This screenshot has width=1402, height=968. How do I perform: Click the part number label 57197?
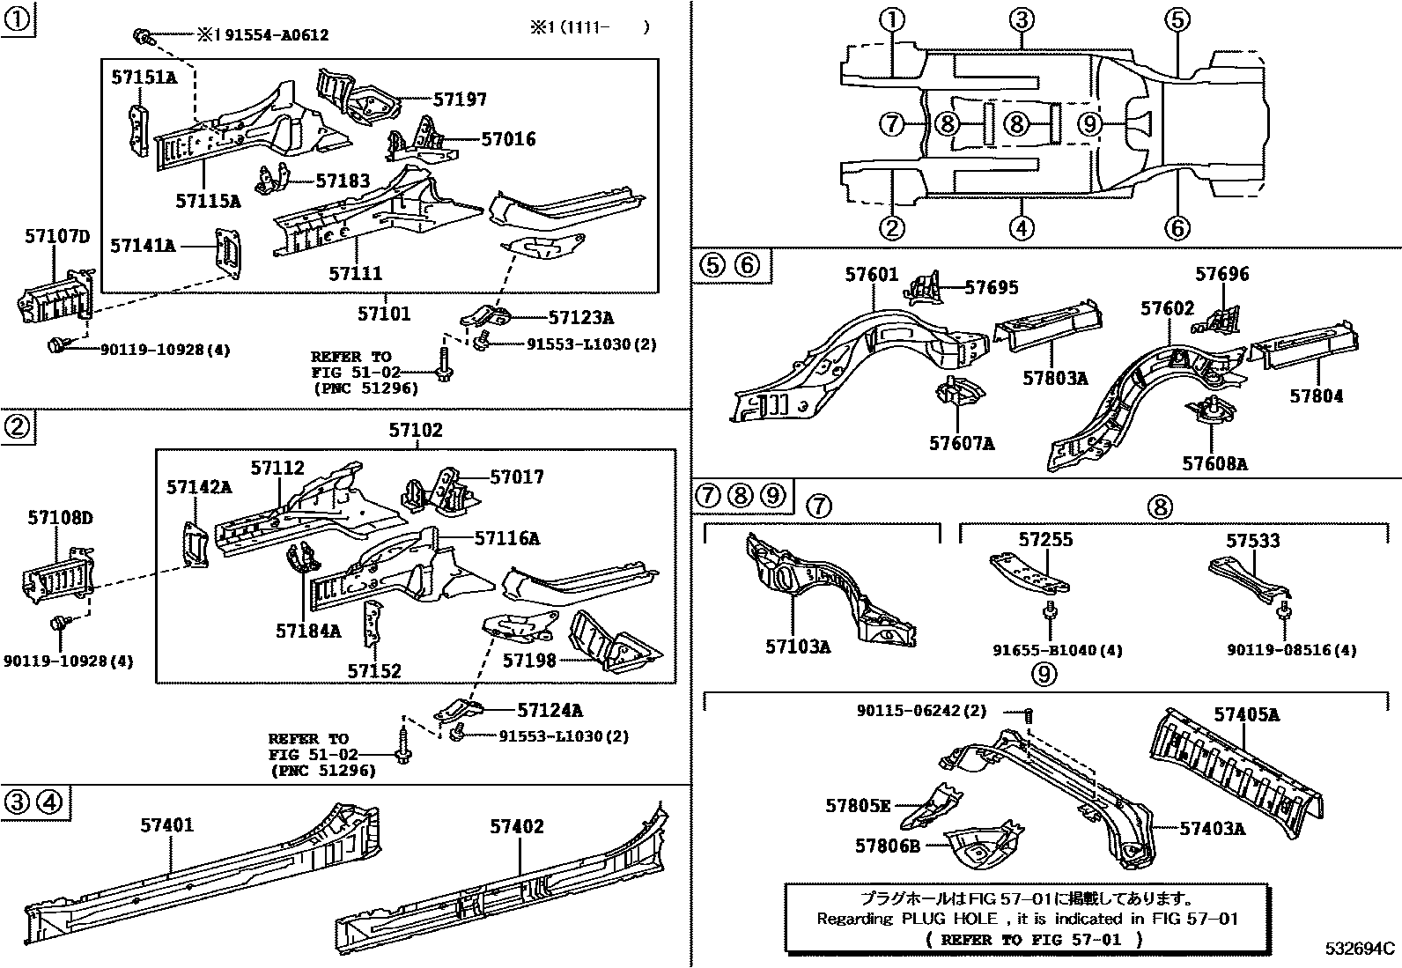(460, 100)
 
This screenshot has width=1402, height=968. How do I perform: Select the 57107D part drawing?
(55, 297)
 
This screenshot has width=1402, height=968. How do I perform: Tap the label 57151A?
(144, 78)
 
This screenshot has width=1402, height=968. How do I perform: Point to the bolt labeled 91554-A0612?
(141, 35)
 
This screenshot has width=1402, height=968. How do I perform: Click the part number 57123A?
(580, 318)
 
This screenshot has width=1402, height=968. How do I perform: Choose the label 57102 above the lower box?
(416, 431)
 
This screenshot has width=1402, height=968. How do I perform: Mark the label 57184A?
(307, 631)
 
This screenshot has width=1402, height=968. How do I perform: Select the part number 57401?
(167, 825)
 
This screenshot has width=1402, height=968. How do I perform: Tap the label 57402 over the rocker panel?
(517, 826)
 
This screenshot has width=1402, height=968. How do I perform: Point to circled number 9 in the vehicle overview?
(1090, 123)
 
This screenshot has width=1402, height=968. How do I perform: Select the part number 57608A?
(1214, 463)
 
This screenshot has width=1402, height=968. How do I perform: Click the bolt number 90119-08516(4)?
(1291, 650)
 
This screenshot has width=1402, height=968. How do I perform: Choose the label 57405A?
(1246, 714)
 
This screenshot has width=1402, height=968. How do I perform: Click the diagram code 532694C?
(1361, 949)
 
